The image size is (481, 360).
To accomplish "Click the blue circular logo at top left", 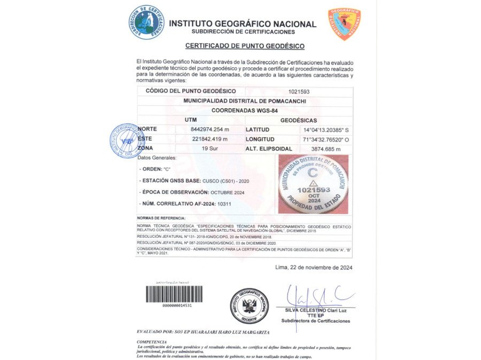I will tap(146, 22).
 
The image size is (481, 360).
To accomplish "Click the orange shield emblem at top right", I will tap(344, 24).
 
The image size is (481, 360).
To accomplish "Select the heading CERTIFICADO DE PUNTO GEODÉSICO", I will tap(245, 46).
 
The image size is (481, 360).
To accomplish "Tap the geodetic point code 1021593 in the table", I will tap(299, 91).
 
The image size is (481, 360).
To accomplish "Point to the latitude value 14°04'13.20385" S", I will tap(326, 130).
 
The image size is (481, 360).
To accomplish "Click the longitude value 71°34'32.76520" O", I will tap(326, 139).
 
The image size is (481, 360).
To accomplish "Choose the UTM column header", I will tap(191, 120).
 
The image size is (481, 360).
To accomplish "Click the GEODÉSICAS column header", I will tap(298, 120).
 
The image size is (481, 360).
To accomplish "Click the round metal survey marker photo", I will tap(313, 184).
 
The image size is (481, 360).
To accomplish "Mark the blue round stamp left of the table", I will tap(126, 140).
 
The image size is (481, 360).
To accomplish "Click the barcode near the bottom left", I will tap(174, 294).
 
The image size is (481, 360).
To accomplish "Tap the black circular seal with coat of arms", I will tap(249, 306).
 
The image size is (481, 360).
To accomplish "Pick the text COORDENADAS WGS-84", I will tap(245, 111).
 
